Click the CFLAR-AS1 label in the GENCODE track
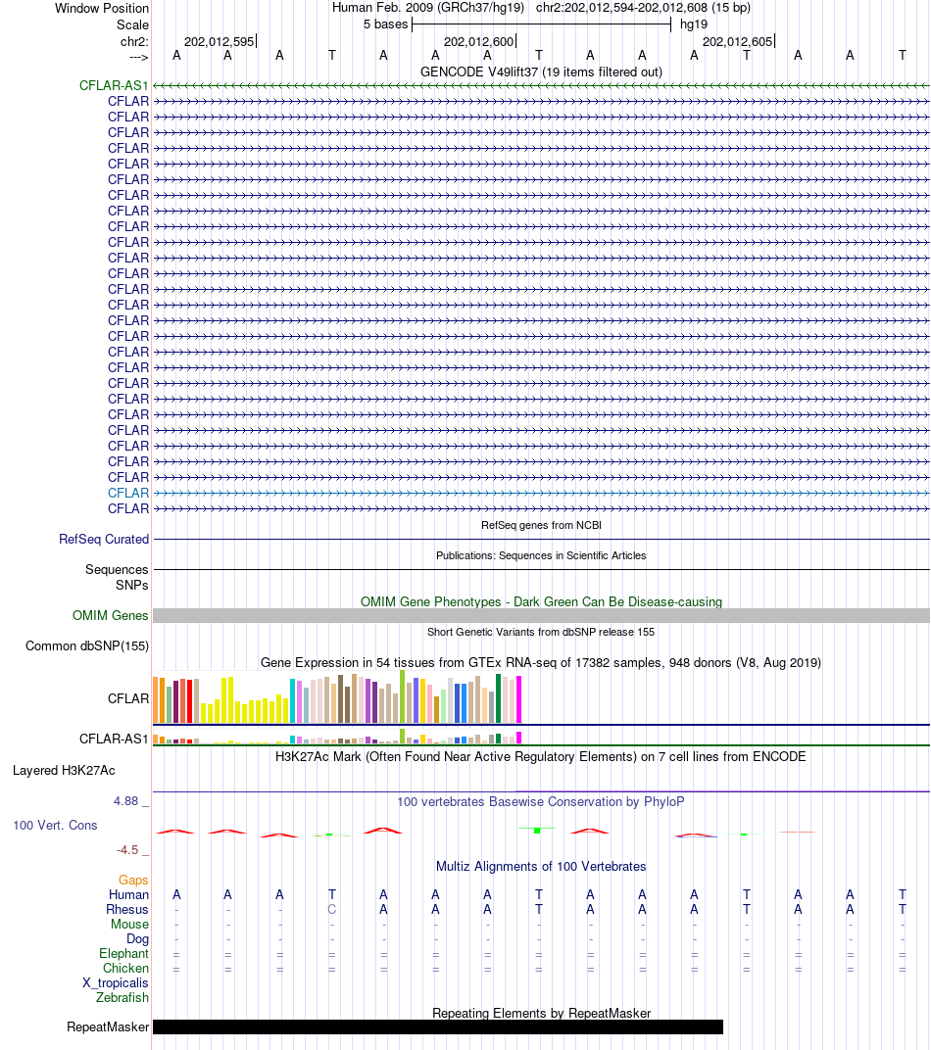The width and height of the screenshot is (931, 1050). [114, 85]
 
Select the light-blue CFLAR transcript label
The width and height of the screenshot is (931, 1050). [128, 493]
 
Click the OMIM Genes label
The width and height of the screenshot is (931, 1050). [111, 615]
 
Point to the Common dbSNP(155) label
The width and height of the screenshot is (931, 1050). [87, 645]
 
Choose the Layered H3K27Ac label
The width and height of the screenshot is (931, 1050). [64, 770]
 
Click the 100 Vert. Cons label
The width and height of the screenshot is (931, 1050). [55, 825]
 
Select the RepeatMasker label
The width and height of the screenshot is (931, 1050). [108, 1026]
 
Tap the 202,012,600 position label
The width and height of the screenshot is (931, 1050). [478, 41]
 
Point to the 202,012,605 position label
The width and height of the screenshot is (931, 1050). [737, 41]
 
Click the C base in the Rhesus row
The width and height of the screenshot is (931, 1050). [332, 909]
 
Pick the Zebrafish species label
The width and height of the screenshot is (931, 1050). [122, 998]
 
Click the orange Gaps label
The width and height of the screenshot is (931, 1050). [133, 880]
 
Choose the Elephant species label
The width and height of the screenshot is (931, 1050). [123, 953]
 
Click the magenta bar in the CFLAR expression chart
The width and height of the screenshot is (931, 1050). [518, 699]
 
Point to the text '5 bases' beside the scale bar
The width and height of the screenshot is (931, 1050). [385, 24]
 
